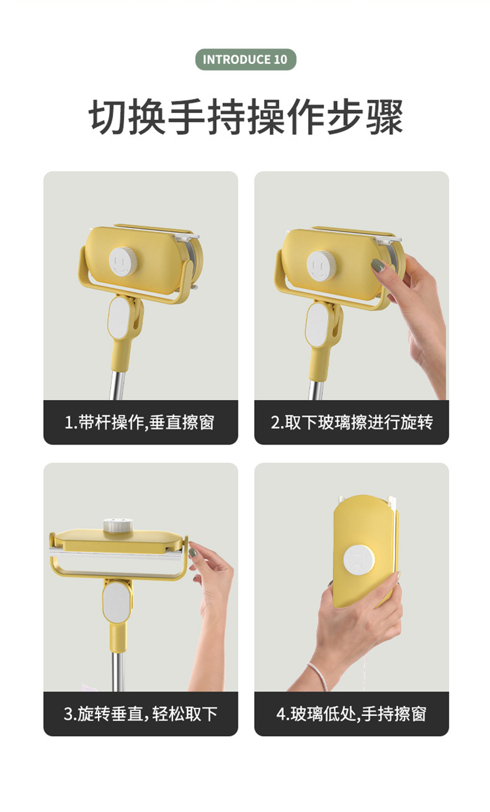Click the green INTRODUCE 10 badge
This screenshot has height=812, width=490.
[x=246, y=59]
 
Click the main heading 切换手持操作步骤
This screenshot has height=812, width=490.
[x=246, y=117]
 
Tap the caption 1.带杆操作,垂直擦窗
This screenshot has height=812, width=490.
[x=139, y=422]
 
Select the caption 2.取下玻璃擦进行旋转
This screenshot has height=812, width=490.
[x=351, y=422]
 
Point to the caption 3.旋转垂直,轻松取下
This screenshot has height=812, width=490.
[x=140, y=714]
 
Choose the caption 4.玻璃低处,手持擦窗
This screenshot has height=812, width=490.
[x=351, y=714]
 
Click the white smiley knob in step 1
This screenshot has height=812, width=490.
[x=122, y=262]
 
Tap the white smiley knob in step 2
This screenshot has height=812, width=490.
[x=321, y=265]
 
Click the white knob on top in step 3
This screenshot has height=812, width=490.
[x=118, y=526]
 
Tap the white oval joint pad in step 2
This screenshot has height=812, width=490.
[x=316, y=324]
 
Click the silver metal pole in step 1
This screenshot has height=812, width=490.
[x=118, y=385]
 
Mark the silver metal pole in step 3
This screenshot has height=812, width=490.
[x=118, y=671]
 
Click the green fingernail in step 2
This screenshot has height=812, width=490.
[x=378, y=265]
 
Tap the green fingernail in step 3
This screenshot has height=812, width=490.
[x=193, y=552]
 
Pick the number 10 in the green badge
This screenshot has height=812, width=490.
[x=280, y=59]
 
